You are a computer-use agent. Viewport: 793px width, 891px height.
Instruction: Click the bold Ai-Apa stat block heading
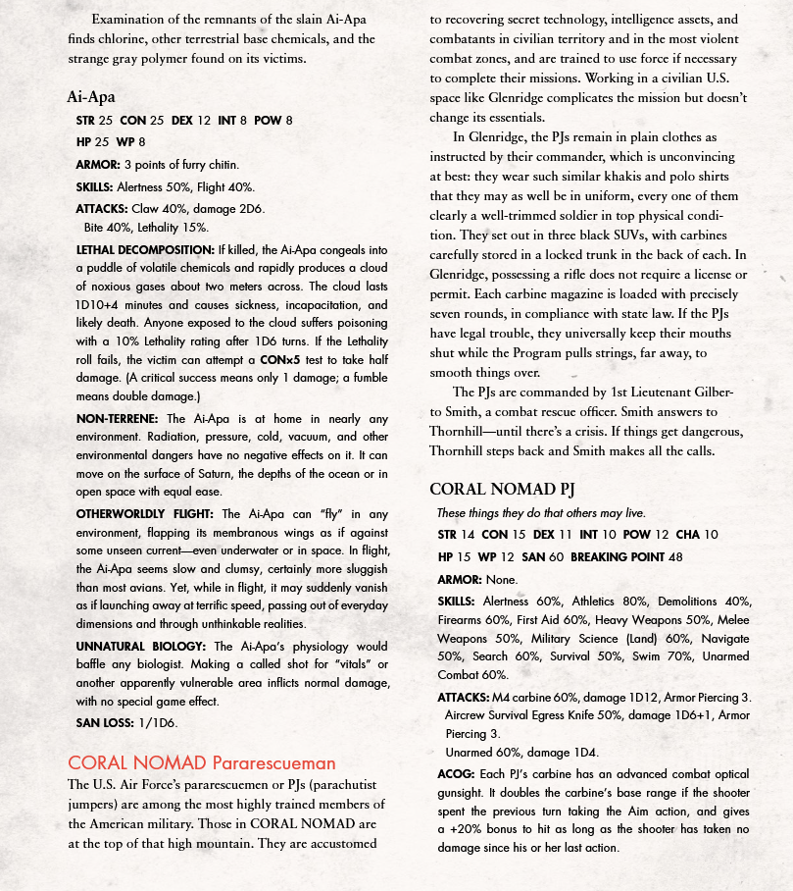tap(91, 96)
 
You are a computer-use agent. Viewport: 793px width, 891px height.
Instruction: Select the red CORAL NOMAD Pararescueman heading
tap(201, 762)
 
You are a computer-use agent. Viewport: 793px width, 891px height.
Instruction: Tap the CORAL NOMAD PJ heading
tap(501, 489)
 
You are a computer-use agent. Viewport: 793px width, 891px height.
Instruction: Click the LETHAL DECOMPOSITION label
tap(144, 250)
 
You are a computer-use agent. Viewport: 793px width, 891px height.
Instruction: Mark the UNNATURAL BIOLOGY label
tap(140, 647)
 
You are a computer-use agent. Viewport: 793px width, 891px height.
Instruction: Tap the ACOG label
tap(455, 774)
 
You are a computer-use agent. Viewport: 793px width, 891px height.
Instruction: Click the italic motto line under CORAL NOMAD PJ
tap(541, 513)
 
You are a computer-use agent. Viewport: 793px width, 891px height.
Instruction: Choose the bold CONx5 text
tap(280, 361)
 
